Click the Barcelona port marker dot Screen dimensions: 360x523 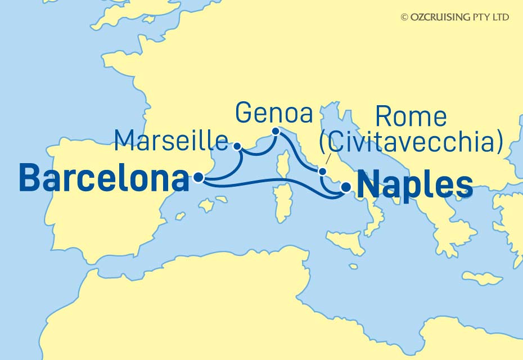198,178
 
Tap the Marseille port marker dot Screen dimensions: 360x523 237,146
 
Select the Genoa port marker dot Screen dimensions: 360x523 276,132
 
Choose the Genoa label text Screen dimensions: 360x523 274,112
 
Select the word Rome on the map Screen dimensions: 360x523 411,117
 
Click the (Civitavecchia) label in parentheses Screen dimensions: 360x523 411,143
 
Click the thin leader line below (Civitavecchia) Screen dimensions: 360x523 327,160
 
